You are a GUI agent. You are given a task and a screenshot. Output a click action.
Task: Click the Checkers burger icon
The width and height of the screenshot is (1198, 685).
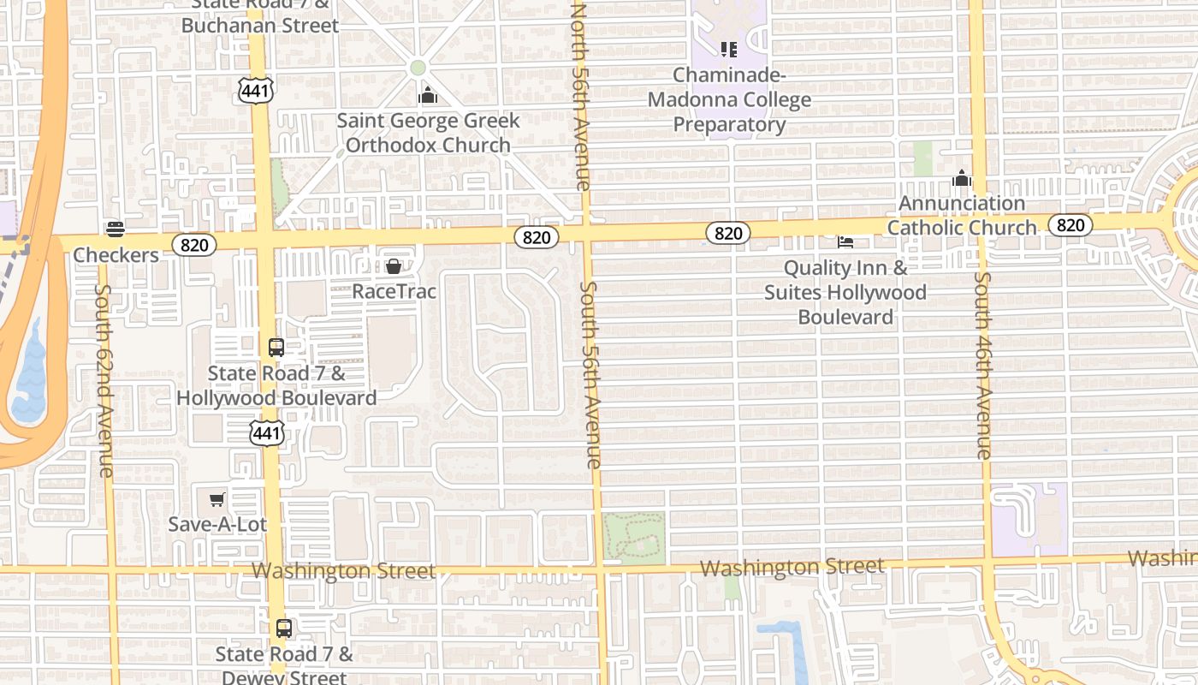click(116, 229)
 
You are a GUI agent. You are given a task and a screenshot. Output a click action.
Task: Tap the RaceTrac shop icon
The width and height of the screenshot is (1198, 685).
click(394, 266)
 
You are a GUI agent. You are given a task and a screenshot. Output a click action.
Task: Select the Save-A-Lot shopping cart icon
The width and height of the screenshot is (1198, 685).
click(217, 499)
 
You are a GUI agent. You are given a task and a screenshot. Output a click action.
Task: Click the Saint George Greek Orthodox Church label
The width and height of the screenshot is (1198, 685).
click(428, 133)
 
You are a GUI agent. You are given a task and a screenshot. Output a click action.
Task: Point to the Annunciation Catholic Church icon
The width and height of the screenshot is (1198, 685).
click(962, 179)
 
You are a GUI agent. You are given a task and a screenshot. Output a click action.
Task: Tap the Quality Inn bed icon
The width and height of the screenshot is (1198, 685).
click(845, 242)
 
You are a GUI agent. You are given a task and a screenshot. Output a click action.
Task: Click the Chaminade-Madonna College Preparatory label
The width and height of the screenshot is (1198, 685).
click(729, 100)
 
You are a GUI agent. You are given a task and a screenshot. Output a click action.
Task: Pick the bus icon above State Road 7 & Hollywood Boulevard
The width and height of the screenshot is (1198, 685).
click(276, 348)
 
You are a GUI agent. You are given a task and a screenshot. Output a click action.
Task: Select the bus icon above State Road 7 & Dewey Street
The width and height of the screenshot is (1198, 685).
click(284, 628)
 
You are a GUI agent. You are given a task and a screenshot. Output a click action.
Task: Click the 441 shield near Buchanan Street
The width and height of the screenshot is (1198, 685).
click(256, 91)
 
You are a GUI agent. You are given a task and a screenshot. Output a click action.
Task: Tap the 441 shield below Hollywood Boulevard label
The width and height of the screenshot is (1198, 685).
click(267, 433)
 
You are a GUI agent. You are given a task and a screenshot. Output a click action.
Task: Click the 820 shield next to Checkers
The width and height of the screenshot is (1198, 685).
click(194, 245)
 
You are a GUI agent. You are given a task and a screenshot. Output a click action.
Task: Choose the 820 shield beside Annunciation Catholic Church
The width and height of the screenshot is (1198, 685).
click(1070, 225)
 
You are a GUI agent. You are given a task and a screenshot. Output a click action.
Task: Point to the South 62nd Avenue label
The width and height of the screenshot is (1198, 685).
click(104, 380)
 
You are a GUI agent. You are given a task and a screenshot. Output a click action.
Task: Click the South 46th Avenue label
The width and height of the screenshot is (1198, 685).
click(984, 366)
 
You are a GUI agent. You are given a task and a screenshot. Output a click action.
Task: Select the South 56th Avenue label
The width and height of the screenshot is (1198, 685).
click(591, 375)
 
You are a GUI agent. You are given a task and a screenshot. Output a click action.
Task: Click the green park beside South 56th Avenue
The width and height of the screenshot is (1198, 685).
click(633, 537)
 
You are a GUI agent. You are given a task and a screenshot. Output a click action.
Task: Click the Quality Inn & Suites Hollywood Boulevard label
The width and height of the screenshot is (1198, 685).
click(845, 293)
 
